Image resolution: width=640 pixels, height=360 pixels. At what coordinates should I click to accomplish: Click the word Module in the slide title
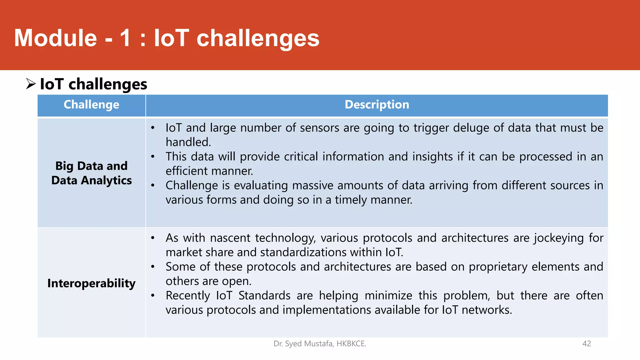tap(56, 38)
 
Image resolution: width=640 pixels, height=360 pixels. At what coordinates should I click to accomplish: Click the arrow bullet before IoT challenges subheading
tap(31, 84)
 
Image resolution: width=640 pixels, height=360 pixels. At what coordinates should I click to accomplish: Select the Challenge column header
tap(91, 105)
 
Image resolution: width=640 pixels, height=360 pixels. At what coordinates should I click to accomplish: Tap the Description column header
tap(377, 105)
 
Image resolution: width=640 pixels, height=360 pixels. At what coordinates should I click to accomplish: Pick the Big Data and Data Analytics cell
tap(91, 173)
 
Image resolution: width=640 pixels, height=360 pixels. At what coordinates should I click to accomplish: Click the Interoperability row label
tap(91, 283)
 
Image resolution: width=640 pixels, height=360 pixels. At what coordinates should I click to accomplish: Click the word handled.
tap(188, 142)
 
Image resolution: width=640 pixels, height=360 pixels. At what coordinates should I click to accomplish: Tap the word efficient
tap(186, 171)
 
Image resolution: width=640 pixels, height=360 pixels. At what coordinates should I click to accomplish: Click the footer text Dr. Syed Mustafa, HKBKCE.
tap(320, 344)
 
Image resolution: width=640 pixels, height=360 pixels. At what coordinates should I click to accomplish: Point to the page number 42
tap(587, 344)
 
